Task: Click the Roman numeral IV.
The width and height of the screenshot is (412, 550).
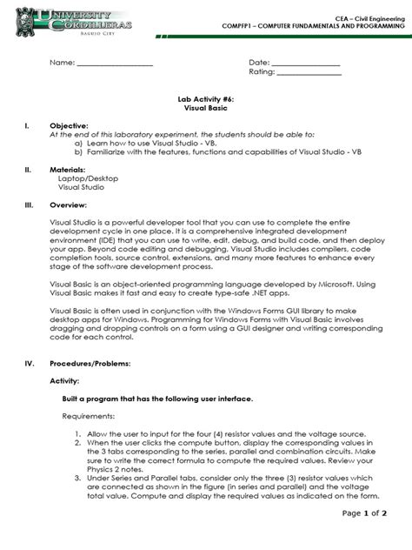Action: [29, 362]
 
